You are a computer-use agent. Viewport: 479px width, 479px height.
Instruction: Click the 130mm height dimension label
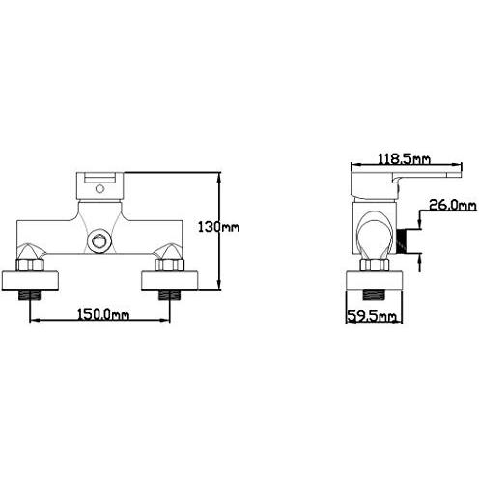click(218, 227)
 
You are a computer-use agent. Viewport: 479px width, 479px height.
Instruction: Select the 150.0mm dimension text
click(103, 314)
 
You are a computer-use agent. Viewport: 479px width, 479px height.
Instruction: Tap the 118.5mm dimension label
click(404, 159)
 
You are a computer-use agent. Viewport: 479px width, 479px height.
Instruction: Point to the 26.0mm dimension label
click(453, 205)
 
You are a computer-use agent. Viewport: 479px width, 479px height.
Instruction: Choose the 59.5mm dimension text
click(372, 316)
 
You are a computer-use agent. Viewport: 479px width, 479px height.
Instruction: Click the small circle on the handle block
click(100, 188)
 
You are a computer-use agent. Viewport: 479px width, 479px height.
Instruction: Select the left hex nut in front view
click(30, 265)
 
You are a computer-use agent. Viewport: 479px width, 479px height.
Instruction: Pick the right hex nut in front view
click(169, 265)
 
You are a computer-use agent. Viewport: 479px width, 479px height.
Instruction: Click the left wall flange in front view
click(30, 281)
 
